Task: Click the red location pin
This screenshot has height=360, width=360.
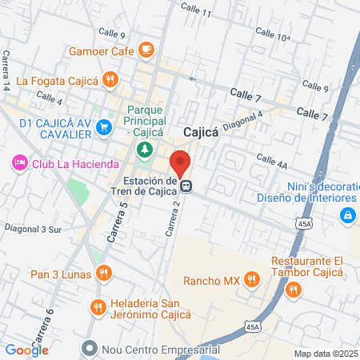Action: [181, 162]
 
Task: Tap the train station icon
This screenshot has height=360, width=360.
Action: [186, 186]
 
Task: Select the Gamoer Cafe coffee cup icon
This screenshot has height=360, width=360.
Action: [145, 50]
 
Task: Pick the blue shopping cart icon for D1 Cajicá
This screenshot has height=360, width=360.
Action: [103, 126]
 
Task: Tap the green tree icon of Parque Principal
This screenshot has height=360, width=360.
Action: [144, 148]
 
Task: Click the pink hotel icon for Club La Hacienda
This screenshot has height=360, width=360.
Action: [19, 163]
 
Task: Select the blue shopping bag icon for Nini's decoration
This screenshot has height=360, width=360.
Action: [346, 214]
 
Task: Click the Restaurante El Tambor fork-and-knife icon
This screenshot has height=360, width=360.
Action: [294, 290]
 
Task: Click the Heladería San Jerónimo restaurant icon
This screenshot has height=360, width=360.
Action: [98, 307]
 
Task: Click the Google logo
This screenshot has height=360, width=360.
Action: [27, 350]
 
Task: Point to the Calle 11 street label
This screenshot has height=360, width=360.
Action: [196, 10]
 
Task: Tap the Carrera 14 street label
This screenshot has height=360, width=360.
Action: [6, 70]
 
